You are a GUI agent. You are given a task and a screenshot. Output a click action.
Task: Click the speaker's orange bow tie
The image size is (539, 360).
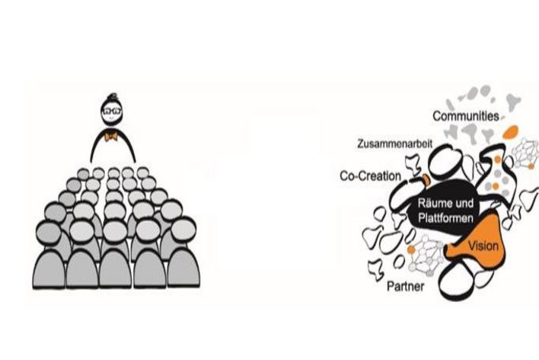tap(111, 137)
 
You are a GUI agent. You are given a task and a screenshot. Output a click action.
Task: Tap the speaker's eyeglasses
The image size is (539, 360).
tap(111, 111)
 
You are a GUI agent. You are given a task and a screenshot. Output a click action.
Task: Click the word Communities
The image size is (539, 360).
tap(466, 116)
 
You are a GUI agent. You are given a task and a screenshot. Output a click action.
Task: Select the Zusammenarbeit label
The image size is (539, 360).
tap(394, 143)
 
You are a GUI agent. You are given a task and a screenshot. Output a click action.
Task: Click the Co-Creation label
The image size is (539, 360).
tap(370, 176)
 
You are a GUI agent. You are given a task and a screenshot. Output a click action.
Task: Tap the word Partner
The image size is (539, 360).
tap(405, 286)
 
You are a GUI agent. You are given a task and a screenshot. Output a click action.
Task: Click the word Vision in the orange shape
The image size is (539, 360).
tap(483, 246)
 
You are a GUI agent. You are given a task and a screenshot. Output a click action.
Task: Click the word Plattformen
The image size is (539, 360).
tap(445, 218)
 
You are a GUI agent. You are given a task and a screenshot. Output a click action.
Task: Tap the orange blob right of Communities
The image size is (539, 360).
tap(510, 132)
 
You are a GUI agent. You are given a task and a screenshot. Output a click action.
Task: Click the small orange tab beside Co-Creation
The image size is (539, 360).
tap(426, 179)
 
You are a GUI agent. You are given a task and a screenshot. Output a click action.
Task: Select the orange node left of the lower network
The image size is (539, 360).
tap(410, 249)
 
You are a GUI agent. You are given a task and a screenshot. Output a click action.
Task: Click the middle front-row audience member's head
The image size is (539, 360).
tap(115, 230)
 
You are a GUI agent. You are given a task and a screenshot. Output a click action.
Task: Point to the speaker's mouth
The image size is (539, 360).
tap(111, 119)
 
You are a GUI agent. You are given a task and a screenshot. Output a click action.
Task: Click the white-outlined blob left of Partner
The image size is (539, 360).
tap(376, 269)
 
